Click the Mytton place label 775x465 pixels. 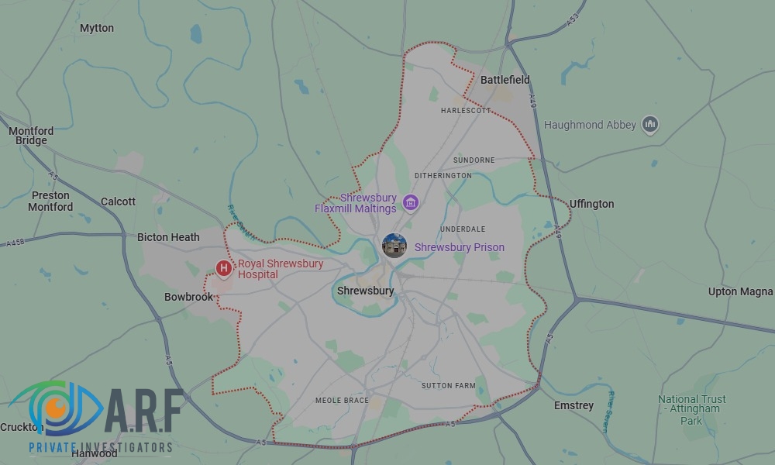click(x=97, y=29)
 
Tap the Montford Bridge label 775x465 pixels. click(x=31, y=136)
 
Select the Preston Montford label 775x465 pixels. click(x=50, y=201)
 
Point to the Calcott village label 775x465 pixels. click(x=118, y=201)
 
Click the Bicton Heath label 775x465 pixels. click(x=168, y=237)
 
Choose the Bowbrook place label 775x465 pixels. click(x=188, y=297)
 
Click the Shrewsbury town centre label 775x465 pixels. click(x=365, y=291)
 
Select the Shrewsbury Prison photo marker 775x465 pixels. click(x=394, y=246)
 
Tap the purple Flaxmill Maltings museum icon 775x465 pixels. click(x=411, y=203)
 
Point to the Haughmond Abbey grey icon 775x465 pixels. click(x=651, y=124)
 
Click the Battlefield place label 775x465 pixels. click(x=505, y=80)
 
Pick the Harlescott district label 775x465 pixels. click(x=466, y=111)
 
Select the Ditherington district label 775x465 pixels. click(x=443, y=176)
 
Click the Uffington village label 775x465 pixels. click(x=591, y=204)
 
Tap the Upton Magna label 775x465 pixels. click(x=740, y=292)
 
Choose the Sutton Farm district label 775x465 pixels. click(x=448, y=385)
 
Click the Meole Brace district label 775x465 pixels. click(x=341, y=401)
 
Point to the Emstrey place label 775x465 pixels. click(x=573, y=405)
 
